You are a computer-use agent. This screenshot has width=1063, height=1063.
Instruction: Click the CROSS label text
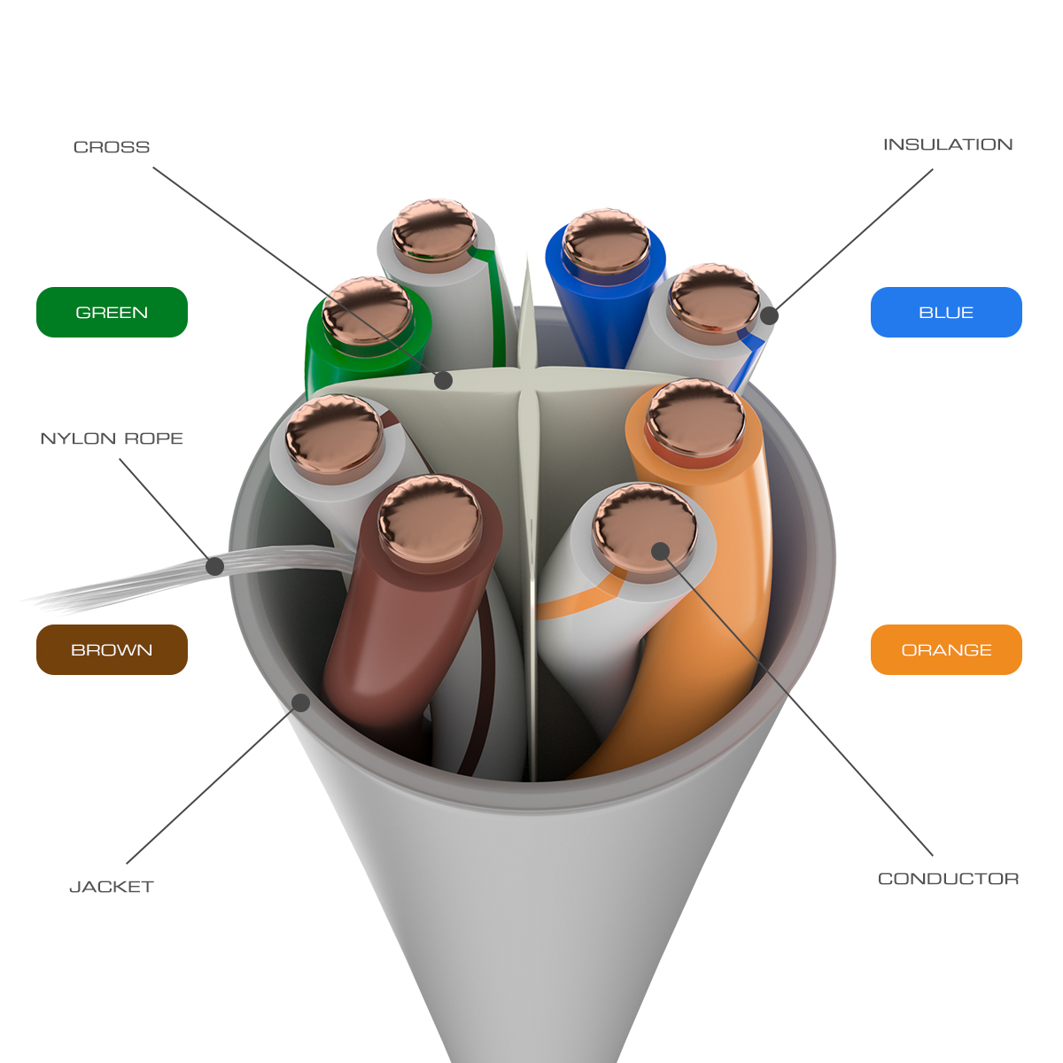[x=112, y=147]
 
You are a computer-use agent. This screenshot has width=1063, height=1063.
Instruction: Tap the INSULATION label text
[x=947, y=144]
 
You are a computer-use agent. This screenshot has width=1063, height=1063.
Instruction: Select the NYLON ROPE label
[x=112, y=438]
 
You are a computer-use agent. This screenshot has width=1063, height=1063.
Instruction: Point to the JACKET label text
[x=112, y=887]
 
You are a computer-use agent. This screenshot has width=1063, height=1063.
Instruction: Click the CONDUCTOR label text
[x=948, y=879]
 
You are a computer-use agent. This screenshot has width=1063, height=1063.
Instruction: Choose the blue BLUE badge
[x=946, y=313]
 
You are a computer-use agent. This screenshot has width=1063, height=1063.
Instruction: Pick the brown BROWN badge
[x=112, y=650]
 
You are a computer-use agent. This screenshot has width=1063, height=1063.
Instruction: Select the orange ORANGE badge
[x=946, y=650]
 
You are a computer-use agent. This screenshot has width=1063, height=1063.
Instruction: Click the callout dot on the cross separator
[x=444, y=380]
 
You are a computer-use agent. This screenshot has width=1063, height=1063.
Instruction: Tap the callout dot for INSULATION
[x=770, y=315]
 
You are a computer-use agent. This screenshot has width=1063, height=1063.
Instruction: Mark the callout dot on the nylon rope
[x=214, y=566]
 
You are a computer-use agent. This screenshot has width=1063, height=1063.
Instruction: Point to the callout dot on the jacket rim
[x=301, y=702]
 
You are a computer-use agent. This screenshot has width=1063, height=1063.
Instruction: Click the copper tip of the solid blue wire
[x=606, y=240]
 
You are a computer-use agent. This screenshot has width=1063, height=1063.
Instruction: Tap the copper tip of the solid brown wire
[x=430, y=519]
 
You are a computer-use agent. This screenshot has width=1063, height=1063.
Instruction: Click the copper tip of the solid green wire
[x=367, y=310]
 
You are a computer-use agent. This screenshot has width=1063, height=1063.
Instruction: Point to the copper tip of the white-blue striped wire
[x=713, y=300]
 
